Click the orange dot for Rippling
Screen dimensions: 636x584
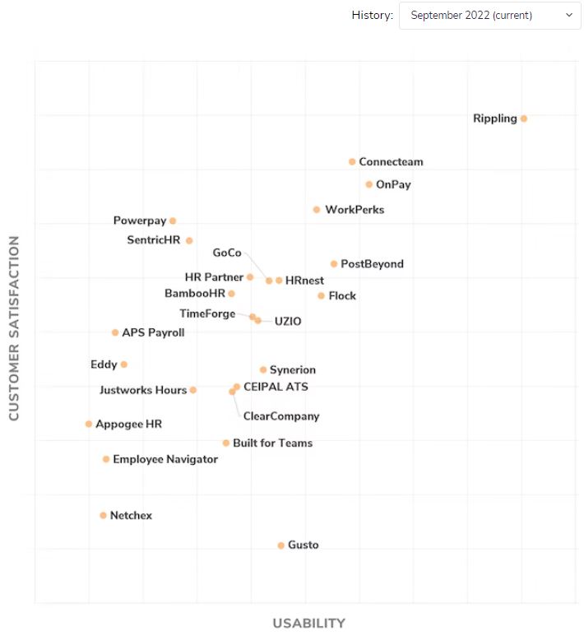[x=524, y=118]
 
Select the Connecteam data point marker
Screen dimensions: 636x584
[x=352, y=162]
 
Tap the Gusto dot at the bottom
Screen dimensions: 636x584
[x=281, y=545]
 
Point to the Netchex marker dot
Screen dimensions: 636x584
[x=104, y=516]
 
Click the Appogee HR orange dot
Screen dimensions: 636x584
[x=89, y=425]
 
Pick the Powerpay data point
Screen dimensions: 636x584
[x=173, y=221]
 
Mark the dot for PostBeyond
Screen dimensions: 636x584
[x=334, y=264]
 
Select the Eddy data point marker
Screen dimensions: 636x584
[x=124, y=364]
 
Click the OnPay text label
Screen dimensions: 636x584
[x=393, y=184]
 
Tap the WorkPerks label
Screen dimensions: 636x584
[x=355, y=210]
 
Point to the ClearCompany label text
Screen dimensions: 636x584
[x=281, y=416]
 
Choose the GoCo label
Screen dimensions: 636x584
[x=227, y=253]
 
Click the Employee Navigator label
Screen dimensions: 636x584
[x=165, y=459]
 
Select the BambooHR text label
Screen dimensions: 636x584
[x=195, y=294]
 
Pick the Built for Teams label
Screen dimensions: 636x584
[x=272, y=443]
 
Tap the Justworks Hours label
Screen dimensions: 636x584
[x=143, y=390]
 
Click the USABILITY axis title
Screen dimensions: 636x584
[x=308, y=623]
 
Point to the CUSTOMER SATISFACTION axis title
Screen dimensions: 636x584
[x=14, y=329]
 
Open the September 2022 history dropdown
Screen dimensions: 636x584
[x=489, y=15]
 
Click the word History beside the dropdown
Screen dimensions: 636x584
[x=372, y=15]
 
